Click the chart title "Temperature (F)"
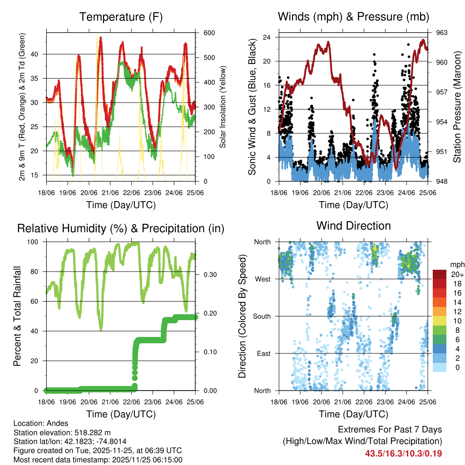click(120, 17)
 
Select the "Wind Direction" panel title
click(353, 226)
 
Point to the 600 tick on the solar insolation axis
click(203, 33)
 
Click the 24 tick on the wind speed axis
click(267, 37)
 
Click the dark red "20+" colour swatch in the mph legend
click(440, 274)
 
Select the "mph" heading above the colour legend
click(457, 264)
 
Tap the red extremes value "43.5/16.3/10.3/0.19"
click(404, 453)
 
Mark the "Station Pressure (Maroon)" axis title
click(457, 107)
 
